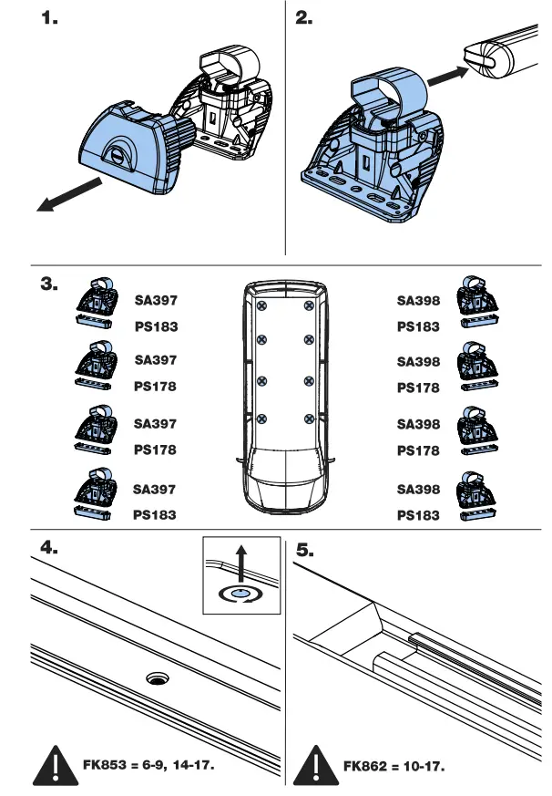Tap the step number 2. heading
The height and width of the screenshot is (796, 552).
coord(304,19)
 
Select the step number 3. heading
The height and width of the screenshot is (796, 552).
coord(51,284)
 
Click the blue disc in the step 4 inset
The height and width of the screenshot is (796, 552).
coord(240,593)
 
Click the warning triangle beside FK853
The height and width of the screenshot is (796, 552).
coord(54,764)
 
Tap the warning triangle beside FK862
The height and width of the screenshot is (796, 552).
coord(314,764)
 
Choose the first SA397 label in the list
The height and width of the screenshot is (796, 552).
coord(155,298)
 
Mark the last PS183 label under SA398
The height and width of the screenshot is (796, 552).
coord(417,515)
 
